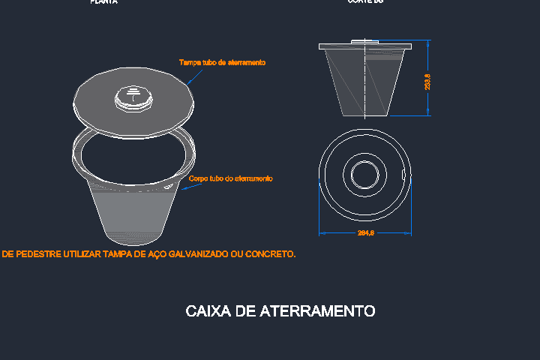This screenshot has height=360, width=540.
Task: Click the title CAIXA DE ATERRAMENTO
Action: coord(280,310)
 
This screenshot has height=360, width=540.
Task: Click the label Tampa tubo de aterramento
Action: coord(222,62)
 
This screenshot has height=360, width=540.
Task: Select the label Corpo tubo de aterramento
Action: coord(230,178)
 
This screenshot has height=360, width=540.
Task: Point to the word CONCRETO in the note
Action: coord(270,254)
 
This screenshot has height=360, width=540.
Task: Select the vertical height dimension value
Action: coord(427,81)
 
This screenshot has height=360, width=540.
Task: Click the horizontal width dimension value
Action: coord(365,234)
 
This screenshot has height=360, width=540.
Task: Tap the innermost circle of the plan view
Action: coord(365,175)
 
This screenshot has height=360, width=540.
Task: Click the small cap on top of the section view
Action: coord(365,41)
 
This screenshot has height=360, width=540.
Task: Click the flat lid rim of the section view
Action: coord(365,46)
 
